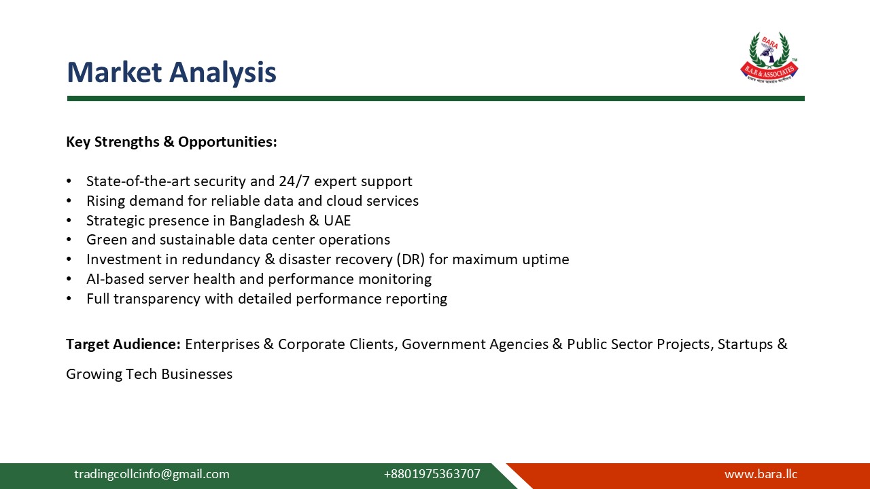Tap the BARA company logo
769,57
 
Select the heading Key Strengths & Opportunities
171,142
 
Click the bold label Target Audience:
123,344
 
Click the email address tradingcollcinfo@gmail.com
152,474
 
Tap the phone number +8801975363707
432,474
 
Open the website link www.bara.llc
761,474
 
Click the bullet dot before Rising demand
69,202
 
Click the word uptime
545,259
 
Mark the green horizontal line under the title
435,98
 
